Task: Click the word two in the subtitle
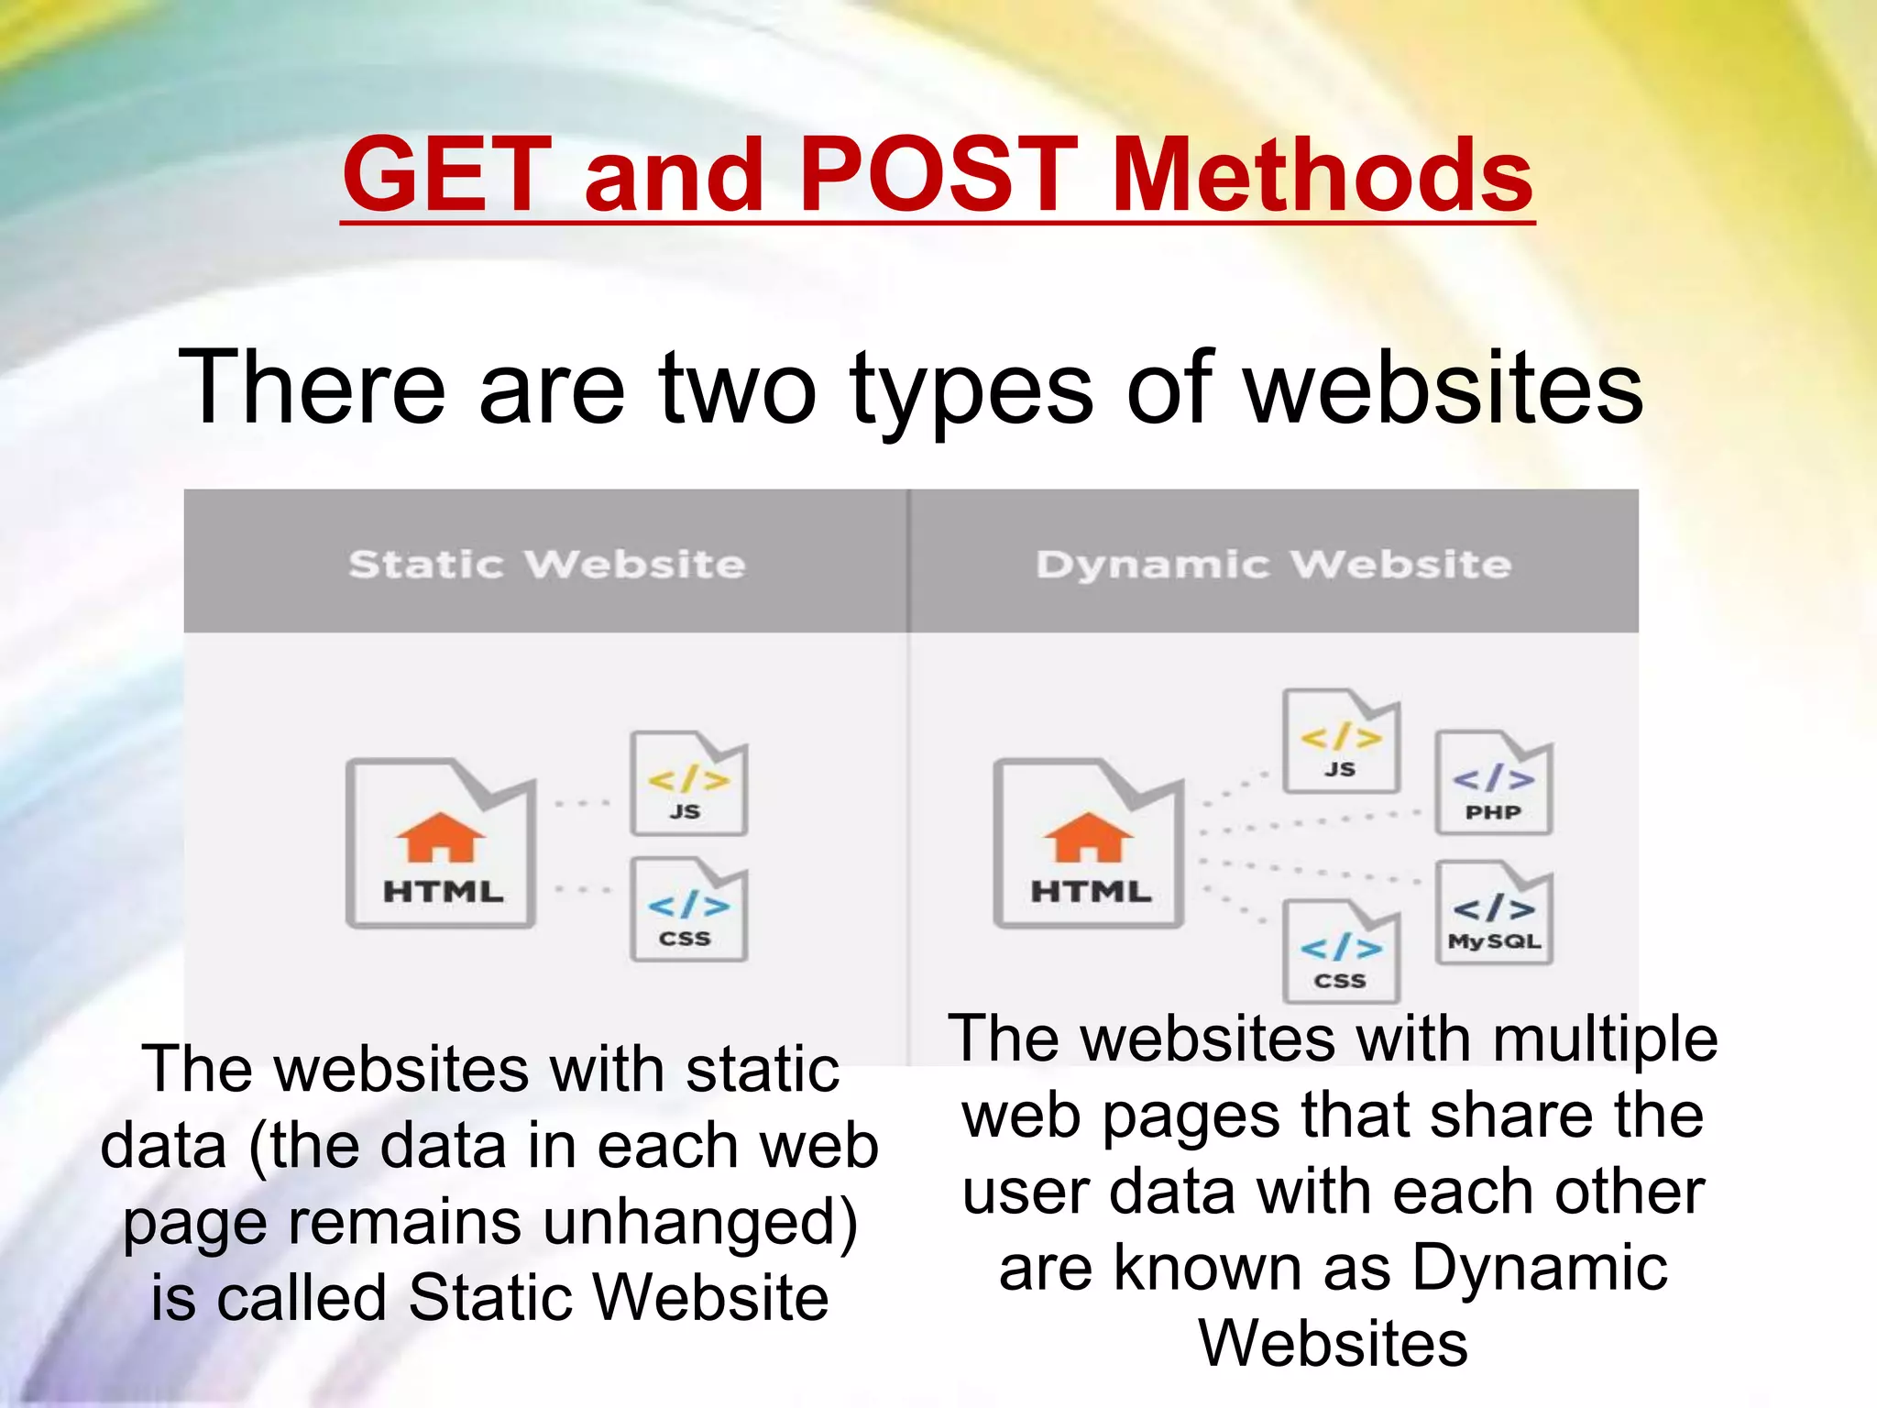[737, 389]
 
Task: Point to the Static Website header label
[547, 564]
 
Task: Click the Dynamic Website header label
[1273, 564]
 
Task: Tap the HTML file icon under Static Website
[441, 843]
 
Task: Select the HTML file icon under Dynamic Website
[1089, 843]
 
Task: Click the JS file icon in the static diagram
[688, 784]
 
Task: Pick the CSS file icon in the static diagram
[688, 910]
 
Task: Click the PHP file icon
[1493, 783]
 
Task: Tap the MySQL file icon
[1494, 913]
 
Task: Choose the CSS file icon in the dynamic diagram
[1341, 951]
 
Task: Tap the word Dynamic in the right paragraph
[1540, 1269]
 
